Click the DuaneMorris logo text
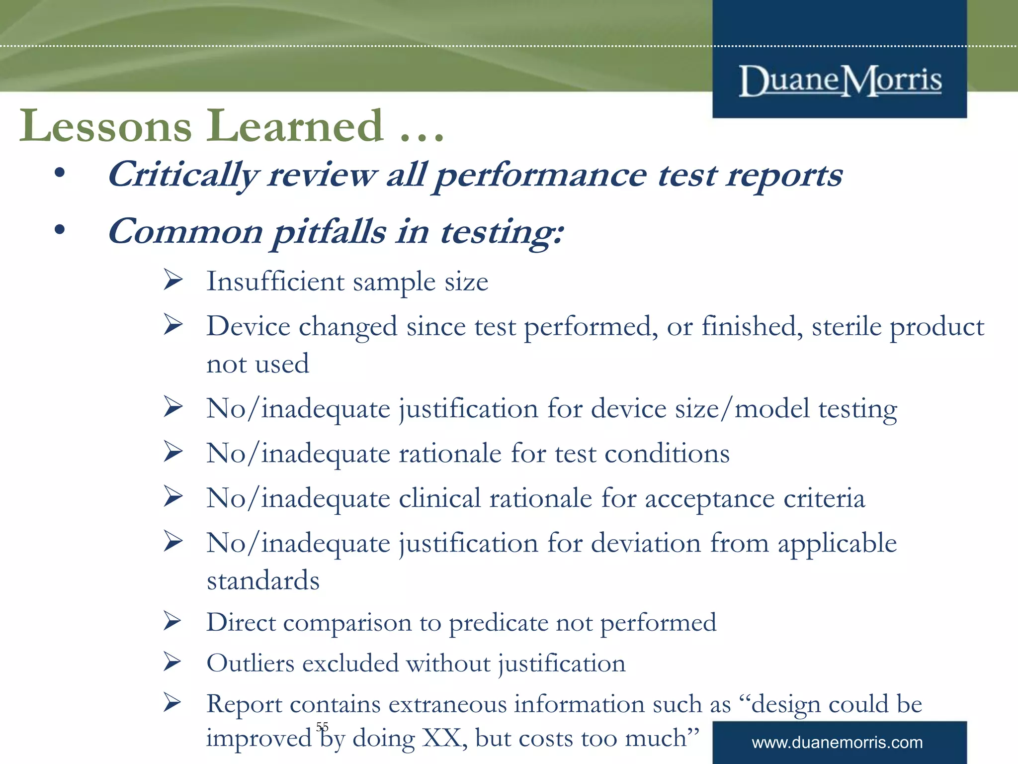click(840, 81)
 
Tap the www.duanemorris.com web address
click(837, 743)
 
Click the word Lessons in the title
click(105, 126)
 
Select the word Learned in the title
click(295, 126)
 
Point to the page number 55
click(322, 727)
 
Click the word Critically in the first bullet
click(183, 176)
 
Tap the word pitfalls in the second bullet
click(329, 232)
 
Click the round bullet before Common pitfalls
click(60, 230)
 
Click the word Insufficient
click(275, 282)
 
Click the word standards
click(263, 580)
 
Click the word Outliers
click(251, 664)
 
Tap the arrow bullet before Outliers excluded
click(173, 662)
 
